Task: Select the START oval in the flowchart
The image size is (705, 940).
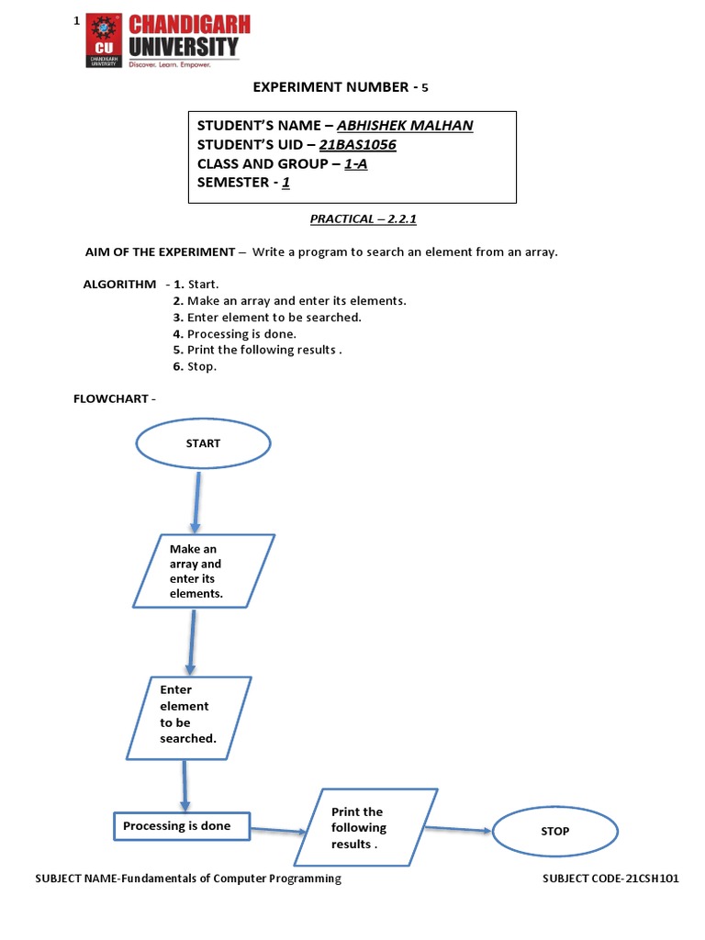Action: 203,443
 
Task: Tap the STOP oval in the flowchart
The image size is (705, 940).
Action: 555,832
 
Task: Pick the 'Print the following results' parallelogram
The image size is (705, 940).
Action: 365,827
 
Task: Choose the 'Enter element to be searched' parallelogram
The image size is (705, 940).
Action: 188,717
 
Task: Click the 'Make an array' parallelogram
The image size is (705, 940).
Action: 203,571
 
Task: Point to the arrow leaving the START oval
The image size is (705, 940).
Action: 196,501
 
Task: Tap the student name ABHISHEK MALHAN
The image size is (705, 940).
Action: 405,126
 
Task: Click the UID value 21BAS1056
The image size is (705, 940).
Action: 358,145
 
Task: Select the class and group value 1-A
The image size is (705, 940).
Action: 354,163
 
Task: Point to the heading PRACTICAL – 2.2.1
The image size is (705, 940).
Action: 356,218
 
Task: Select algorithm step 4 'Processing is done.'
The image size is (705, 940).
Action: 234,333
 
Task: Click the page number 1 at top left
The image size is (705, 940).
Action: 77,20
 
